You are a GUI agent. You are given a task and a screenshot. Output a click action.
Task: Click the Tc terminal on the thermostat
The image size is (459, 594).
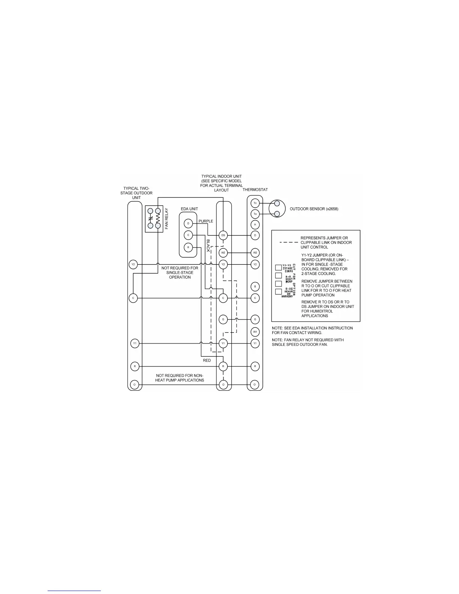pos(255,203)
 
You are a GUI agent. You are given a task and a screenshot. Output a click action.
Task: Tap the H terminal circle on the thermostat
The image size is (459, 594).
pos(255,225)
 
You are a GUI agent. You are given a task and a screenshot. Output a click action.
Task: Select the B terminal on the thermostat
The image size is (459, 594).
pos(255,286)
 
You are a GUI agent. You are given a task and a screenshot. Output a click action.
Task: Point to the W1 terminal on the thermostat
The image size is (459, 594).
pos(255,332)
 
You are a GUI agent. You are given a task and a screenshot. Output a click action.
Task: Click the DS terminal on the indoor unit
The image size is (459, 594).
pos(223,235)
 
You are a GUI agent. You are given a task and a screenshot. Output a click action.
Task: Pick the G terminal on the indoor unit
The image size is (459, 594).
pos(223,319)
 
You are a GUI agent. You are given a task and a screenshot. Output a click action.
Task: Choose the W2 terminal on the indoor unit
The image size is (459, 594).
pos(223,253)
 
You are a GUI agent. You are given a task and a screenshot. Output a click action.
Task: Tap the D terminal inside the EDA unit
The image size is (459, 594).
pos(188,224)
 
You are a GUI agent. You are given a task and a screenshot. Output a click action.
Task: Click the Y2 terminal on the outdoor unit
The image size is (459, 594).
pos(133,264)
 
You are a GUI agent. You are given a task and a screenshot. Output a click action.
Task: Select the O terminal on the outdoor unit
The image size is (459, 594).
pos(135,385)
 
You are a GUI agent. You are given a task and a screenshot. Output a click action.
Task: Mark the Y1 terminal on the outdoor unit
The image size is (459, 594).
pos(135,343)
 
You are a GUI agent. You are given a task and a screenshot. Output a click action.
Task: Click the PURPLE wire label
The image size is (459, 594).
pos(206,221)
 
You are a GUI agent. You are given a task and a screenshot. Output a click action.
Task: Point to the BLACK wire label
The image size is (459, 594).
pos(208,246)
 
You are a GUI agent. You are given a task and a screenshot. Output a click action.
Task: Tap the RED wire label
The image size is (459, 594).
pos(207,360)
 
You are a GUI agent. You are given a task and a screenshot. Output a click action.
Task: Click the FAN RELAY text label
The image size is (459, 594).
pos(167,219)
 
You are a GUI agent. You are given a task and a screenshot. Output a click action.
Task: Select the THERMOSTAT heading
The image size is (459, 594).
pos(255,190)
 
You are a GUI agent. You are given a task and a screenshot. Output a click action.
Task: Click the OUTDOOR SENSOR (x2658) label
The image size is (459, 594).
pos(314,208)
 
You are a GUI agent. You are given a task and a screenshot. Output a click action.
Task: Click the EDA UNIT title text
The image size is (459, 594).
pos(189,209)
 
